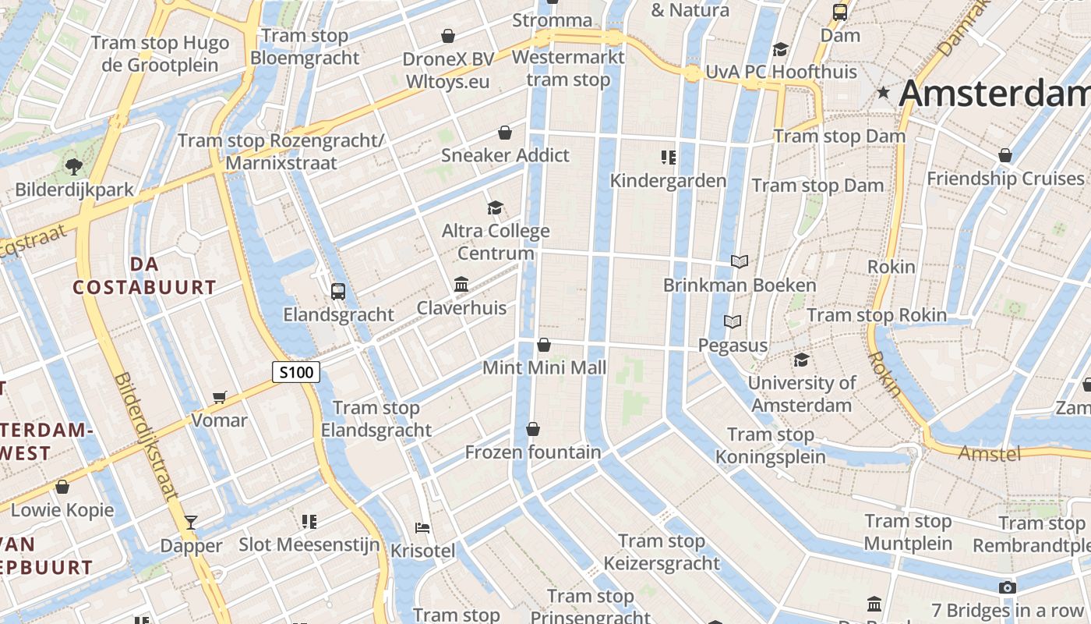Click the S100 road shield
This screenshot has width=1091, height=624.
pos(296,373)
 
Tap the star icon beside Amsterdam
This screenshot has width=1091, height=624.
pos(883,94)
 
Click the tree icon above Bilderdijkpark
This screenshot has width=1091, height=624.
pos(74,166)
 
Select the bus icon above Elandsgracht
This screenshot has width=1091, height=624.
pos(337,292)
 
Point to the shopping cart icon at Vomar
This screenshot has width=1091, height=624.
pos(220,398)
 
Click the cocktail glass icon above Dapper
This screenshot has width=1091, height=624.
pos(191,523)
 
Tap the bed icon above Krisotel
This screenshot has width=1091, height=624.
pos(422,528)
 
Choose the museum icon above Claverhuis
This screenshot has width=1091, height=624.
pos(461,285)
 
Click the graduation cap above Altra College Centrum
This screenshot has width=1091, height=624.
pos(495,207)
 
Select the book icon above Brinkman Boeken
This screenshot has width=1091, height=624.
pos(740,262)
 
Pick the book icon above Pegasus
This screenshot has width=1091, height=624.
pos(733,321)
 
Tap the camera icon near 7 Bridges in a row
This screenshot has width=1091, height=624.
pos(1007,587)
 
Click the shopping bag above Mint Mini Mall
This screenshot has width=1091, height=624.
pos(544,345)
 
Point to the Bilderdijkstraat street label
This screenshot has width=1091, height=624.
pos(146,435)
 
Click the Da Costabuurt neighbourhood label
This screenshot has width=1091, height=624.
pos(144,275)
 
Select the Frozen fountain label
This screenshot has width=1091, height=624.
pos(533,452)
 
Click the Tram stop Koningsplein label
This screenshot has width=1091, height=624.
pos(770,445)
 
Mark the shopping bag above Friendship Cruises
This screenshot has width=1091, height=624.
pos(1005,156)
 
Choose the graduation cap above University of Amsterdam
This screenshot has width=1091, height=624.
pos(801,360)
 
